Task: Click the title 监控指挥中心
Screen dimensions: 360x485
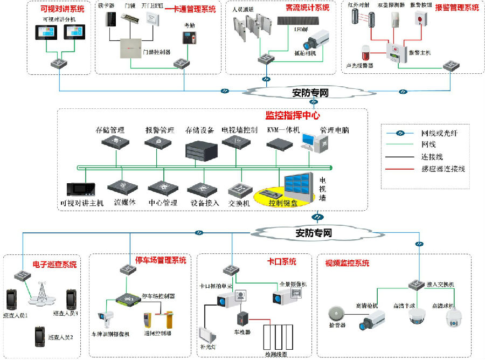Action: tap(293, 115)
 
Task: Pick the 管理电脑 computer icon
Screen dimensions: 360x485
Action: tap(314, 144)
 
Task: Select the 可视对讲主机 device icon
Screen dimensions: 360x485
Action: tap(81, 189)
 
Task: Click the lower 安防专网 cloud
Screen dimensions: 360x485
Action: tap(313, 233)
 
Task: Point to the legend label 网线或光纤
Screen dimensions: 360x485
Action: tap(439, 133)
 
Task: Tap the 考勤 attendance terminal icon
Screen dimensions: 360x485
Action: tap(187, 39)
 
